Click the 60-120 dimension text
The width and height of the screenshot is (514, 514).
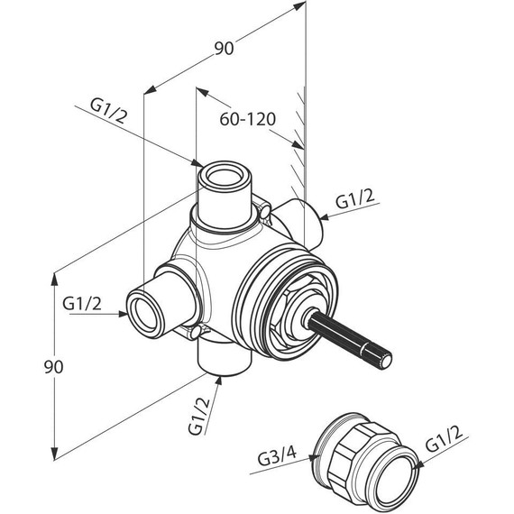click(x=247, y=119)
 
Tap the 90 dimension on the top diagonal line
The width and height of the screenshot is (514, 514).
click(x=224, y=48)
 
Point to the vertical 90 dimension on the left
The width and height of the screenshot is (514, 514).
click(x=53, y=367)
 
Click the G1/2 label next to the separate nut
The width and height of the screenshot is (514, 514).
click(x=445, y=440)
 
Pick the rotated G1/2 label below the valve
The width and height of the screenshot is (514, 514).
click(x=198, y=416)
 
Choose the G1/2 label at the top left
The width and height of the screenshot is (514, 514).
click(x=108, y=112)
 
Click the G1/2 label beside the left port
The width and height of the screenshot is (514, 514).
click(x=82, y=304)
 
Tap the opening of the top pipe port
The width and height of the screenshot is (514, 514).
click(x=225, y=174)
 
